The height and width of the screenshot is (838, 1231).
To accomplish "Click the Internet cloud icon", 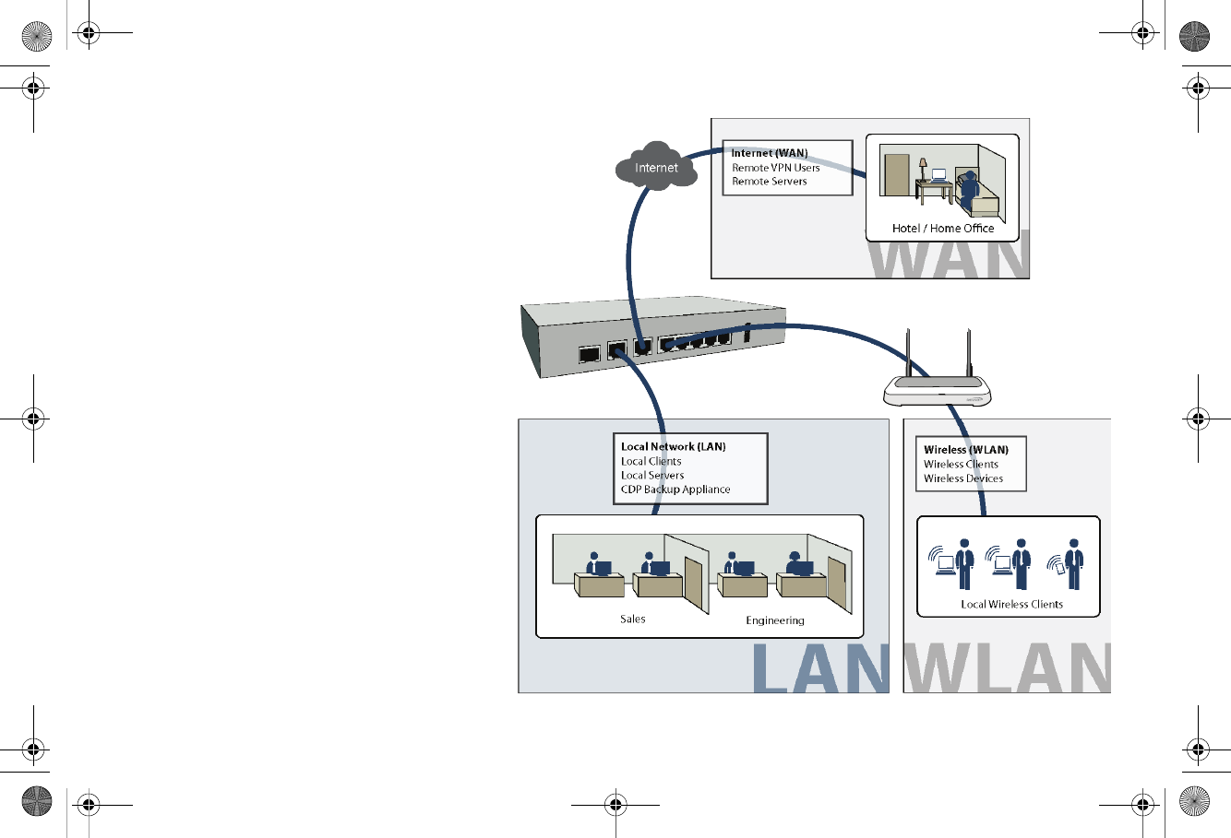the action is click(656, 166).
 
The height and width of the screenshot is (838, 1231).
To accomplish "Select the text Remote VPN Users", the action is click(775, 168).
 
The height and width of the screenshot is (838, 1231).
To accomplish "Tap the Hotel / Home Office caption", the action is click(942, 228).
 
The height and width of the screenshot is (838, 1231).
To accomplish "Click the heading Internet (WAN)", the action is click(769, 153).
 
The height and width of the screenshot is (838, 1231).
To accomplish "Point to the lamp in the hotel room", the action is click(922, 169).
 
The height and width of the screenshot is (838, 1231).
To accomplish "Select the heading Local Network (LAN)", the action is click(673, 446).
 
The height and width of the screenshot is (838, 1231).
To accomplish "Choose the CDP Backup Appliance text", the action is click(675, 490).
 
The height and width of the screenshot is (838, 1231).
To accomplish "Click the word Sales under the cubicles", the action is click(632, 619).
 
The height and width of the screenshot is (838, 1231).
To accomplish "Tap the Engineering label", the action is click(774, 620).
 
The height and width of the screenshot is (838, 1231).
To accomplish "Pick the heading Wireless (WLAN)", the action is click(965, 450).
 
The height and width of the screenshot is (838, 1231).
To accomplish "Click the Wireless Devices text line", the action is click(962, 478).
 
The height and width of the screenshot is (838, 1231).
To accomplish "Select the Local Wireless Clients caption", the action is click(1011, 604).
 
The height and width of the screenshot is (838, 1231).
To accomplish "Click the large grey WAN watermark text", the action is click(947, 257).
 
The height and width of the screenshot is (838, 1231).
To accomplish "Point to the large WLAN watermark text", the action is click(1007, 668).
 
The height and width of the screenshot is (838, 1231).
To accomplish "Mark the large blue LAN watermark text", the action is click(819, 668).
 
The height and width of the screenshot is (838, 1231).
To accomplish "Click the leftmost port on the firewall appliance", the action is click(589, 353).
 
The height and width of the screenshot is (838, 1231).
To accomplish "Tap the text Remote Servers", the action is click(769, 182).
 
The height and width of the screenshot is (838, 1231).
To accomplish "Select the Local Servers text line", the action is click(651, 475).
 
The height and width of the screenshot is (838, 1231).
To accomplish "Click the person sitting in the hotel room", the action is click(968, 189).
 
